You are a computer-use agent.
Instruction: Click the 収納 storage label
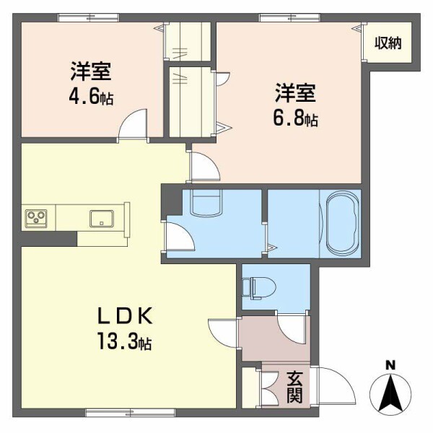(388, 43)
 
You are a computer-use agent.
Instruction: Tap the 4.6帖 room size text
(92, 95)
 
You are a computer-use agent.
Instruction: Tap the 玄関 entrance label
(294, 388)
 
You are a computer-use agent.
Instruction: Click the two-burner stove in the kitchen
(37, 217)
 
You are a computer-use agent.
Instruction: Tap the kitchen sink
(102, 217)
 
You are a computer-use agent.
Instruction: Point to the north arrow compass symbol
(389, 393)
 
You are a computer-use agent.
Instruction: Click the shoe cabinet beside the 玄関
(249, 390)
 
